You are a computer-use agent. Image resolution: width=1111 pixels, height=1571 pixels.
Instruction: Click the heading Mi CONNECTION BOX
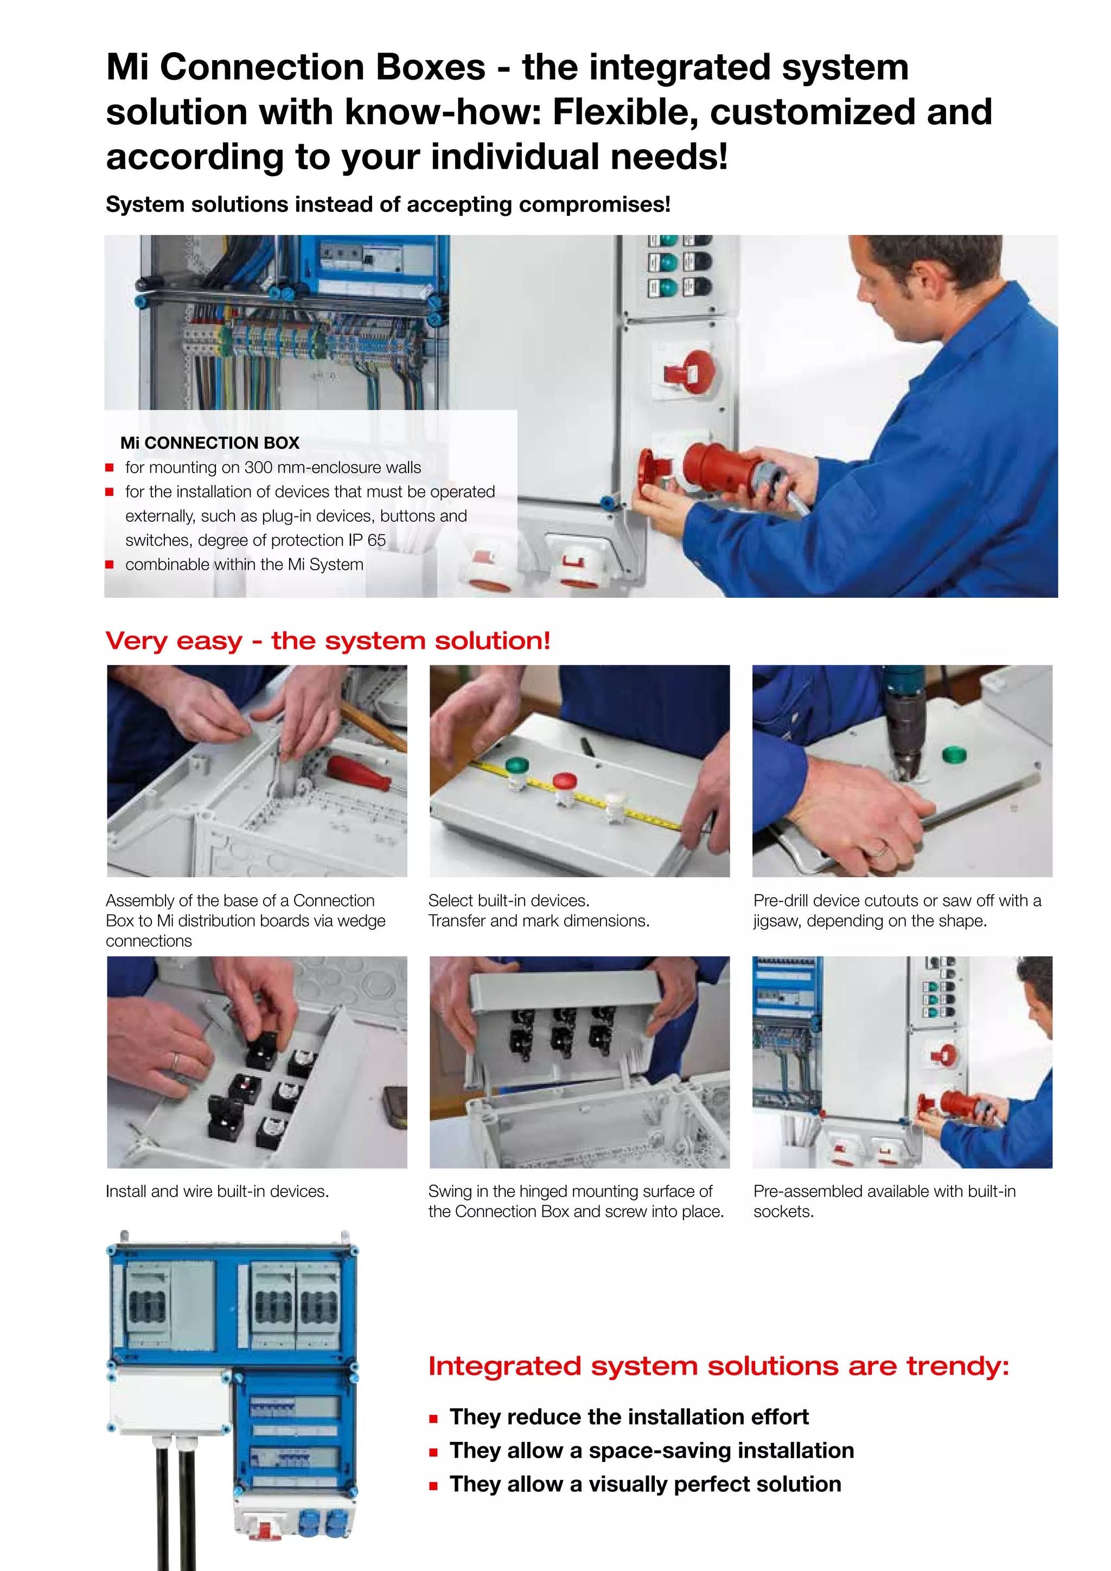209,443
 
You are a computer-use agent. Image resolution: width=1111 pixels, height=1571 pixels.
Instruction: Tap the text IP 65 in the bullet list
367,540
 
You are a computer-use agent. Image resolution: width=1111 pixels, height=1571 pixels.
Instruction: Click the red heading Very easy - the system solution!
328,641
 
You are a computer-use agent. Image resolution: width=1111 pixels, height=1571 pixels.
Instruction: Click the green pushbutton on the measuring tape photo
516,767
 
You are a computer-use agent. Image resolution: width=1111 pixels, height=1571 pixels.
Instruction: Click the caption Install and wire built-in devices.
217,1191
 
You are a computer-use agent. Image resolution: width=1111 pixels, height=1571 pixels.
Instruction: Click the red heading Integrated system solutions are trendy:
718,1366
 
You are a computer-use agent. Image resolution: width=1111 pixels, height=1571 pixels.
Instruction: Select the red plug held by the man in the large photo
718,465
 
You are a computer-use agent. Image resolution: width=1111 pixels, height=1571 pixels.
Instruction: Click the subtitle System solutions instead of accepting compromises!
388,205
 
